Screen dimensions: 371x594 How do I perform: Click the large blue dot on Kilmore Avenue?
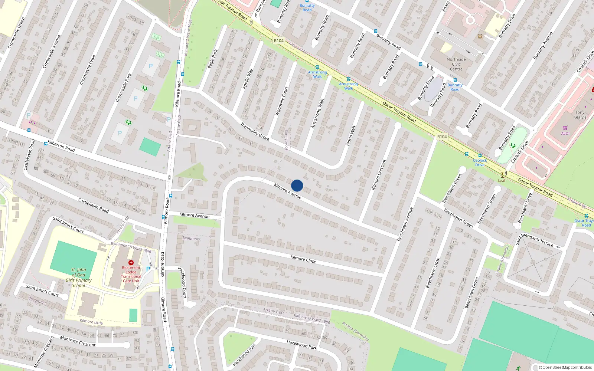tap(297, 185)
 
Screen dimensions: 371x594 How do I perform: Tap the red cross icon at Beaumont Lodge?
tap(131, 263)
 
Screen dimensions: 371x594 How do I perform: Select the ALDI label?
tap(565, 134)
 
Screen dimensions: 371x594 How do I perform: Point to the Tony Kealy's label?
tap(580, 115)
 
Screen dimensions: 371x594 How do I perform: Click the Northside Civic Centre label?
tap(456, 64)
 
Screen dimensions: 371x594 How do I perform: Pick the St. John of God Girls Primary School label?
tap(78, 278)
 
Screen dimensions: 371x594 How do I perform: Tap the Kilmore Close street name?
tap(303, 259)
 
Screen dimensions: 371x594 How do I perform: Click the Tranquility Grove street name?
tap(255, 131)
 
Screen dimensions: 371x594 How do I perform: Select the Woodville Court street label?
tap(281, 101)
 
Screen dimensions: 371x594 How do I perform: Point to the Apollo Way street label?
tap(248, 79)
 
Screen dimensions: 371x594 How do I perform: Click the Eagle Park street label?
tap(213, 59)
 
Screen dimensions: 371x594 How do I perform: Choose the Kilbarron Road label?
tap(61, 146)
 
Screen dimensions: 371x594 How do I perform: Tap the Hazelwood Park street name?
tap(302, 345)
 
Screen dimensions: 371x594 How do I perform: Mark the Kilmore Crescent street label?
tap(379, 175)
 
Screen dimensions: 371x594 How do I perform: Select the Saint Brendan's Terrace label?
tap(534, 240)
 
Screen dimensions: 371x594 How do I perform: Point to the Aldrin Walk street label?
tap(351, 135)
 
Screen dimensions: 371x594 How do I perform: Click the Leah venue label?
tap(502, 181)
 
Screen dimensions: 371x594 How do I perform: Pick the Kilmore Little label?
tap(91, 322)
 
